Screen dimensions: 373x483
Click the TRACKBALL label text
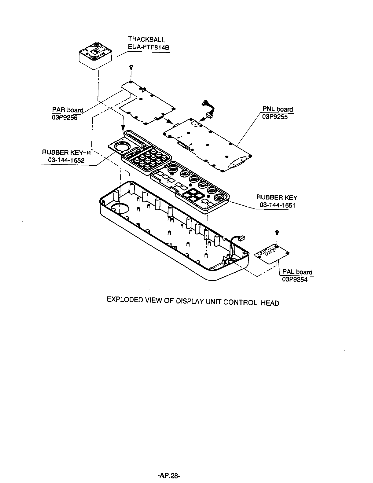click(146, 39)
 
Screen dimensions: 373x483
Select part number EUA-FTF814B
click(149, 48)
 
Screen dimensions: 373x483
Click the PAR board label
click(68, 110)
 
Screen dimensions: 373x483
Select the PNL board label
click(277, 109)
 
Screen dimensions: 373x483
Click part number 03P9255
click(275, 117)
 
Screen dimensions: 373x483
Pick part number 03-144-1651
click(277, 205)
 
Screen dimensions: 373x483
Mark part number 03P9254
click(294, 279)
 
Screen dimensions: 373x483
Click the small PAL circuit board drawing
click(272, 253)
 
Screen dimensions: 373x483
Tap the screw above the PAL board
click(277, 231)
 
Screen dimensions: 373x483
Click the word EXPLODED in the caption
click(124, 300)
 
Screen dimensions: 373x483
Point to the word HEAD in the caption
click(270, 303)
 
